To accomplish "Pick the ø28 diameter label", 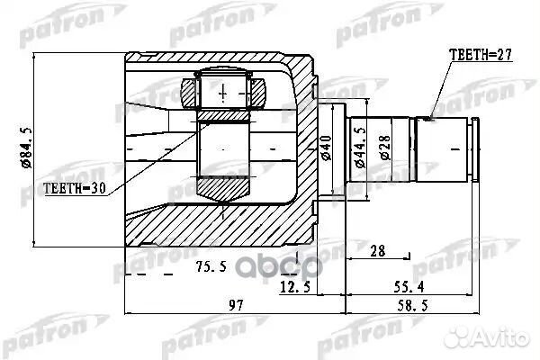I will [384, 148].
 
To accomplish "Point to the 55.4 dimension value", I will [434, 286].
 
